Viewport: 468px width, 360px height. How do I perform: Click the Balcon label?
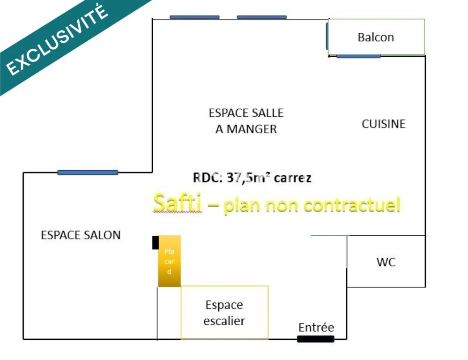click(376, 37)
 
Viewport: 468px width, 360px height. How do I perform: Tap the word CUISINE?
click(384, 124)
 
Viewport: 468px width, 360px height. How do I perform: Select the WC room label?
click(386, 262)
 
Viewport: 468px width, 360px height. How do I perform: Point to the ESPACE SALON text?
click(81, 235)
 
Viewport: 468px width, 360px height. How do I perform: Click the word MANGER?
click(252, 129)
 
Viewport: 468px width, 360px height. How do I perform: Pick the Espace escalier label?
click(224, 313)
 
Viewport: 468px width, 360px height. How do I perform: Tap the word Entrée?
click(316, 328)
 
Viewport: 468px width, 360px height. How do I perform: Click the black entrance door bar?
click(315, 339)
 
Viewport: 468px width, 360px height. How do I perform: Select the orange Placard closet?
click(169, 261)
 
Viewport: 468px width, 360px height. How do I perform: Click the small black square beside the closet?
click(156, 243)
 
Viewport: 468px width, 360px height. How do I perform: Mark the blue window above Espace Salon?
click(88, 172)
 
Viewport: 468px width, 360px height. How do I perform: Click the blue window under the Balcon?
click(358, 56)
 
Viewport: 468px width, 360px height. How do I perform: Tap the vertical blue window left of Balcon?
click(327, 36)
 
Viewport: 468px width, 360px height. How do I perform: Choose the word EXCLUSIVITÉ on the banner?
click(57, 40)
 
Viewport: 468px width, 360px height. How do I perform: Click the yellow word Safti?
click(177, 202)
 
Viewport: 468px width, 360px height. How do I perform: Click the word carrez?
click(292, 178)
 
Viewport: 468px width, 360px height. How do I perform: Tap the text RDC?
click(208, 178)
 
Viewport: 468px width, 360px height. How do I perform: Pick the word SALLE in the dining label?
click(267, 113)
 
